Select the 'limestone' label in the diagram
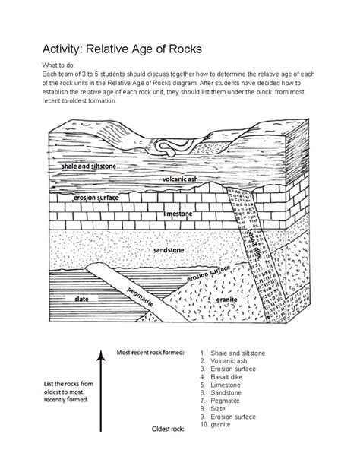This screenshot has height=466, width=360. click(178, 214)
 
